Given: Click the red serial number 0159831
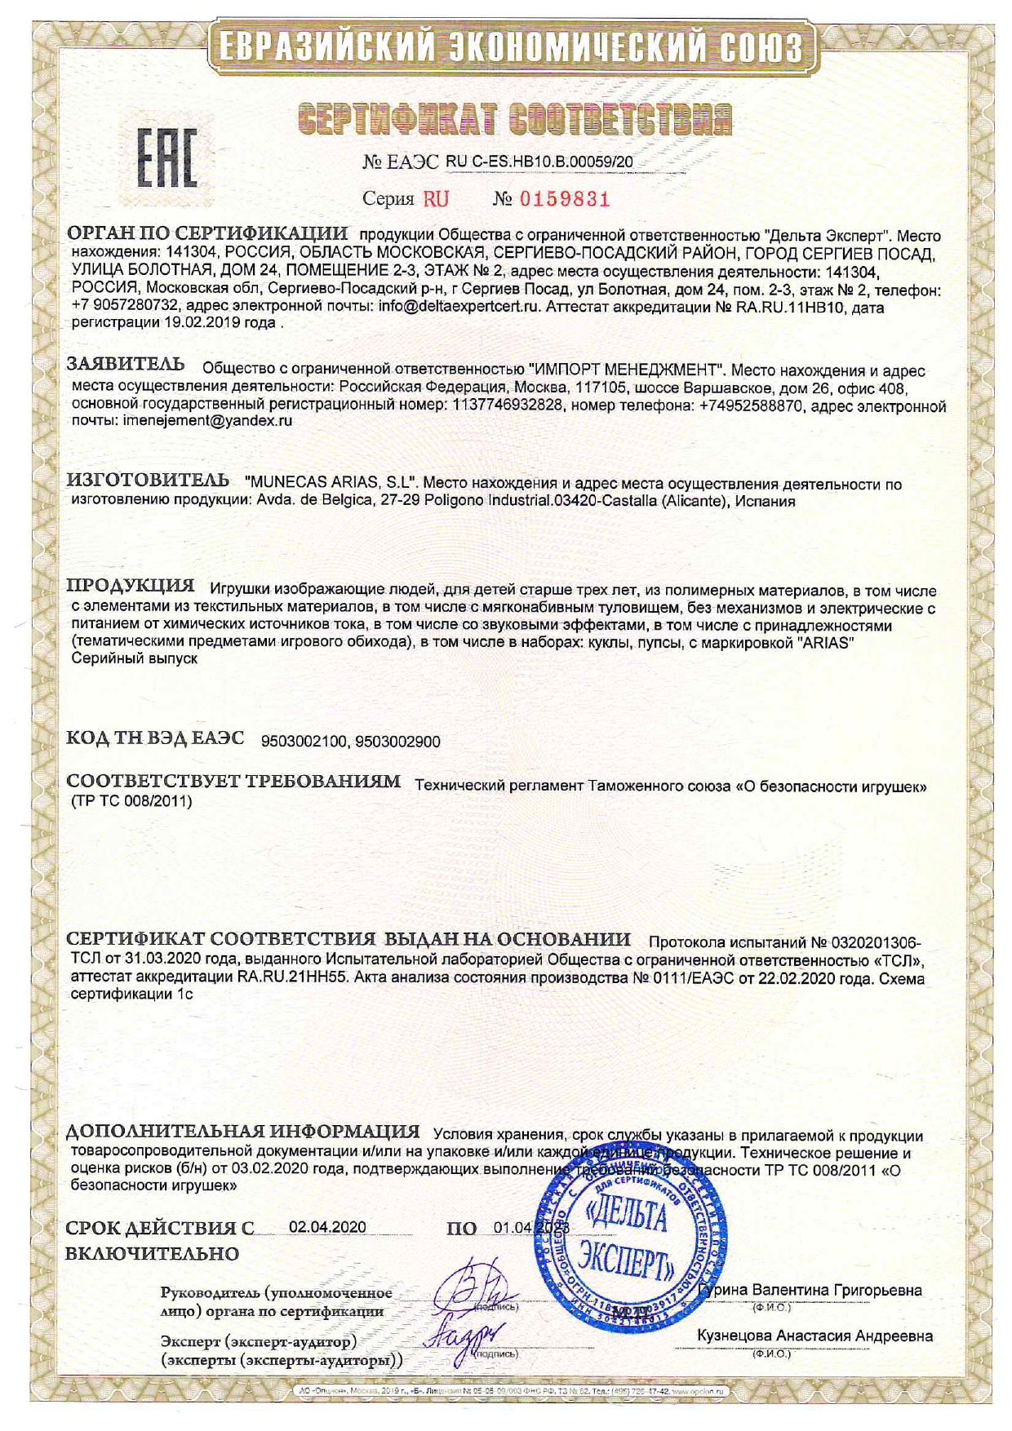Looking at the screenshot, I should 564,199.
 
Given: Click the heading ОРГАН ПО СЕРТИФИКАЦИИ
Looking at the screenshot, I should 207,233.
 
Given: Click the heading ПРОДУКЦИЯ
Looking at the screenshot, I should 130,586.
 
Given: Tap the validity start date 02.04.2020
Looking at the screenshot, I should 327,1228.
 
